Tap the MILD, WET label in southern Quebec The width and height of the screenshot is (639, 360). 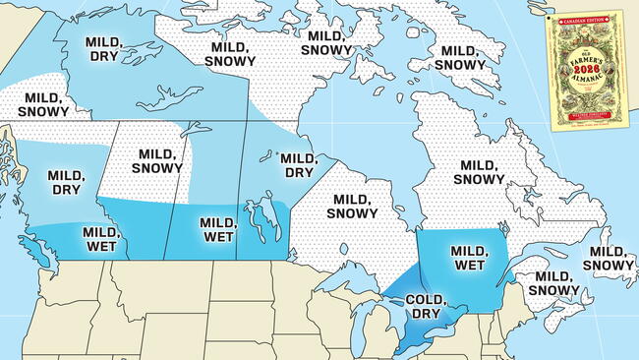coord(470,258)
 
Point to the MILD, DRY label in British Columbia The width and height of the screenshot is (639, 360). coord(65,182)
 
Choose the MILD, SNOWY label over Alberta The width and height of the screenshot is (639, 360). coord(160,161)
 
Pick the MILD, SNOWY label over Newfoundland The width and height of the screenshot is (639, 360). coord(610,260)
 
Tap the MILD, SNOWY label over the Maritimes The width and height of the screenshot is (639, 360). coord(553,284)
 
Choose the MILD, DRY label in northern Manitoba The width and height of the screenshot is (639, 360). coord(298,164)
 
